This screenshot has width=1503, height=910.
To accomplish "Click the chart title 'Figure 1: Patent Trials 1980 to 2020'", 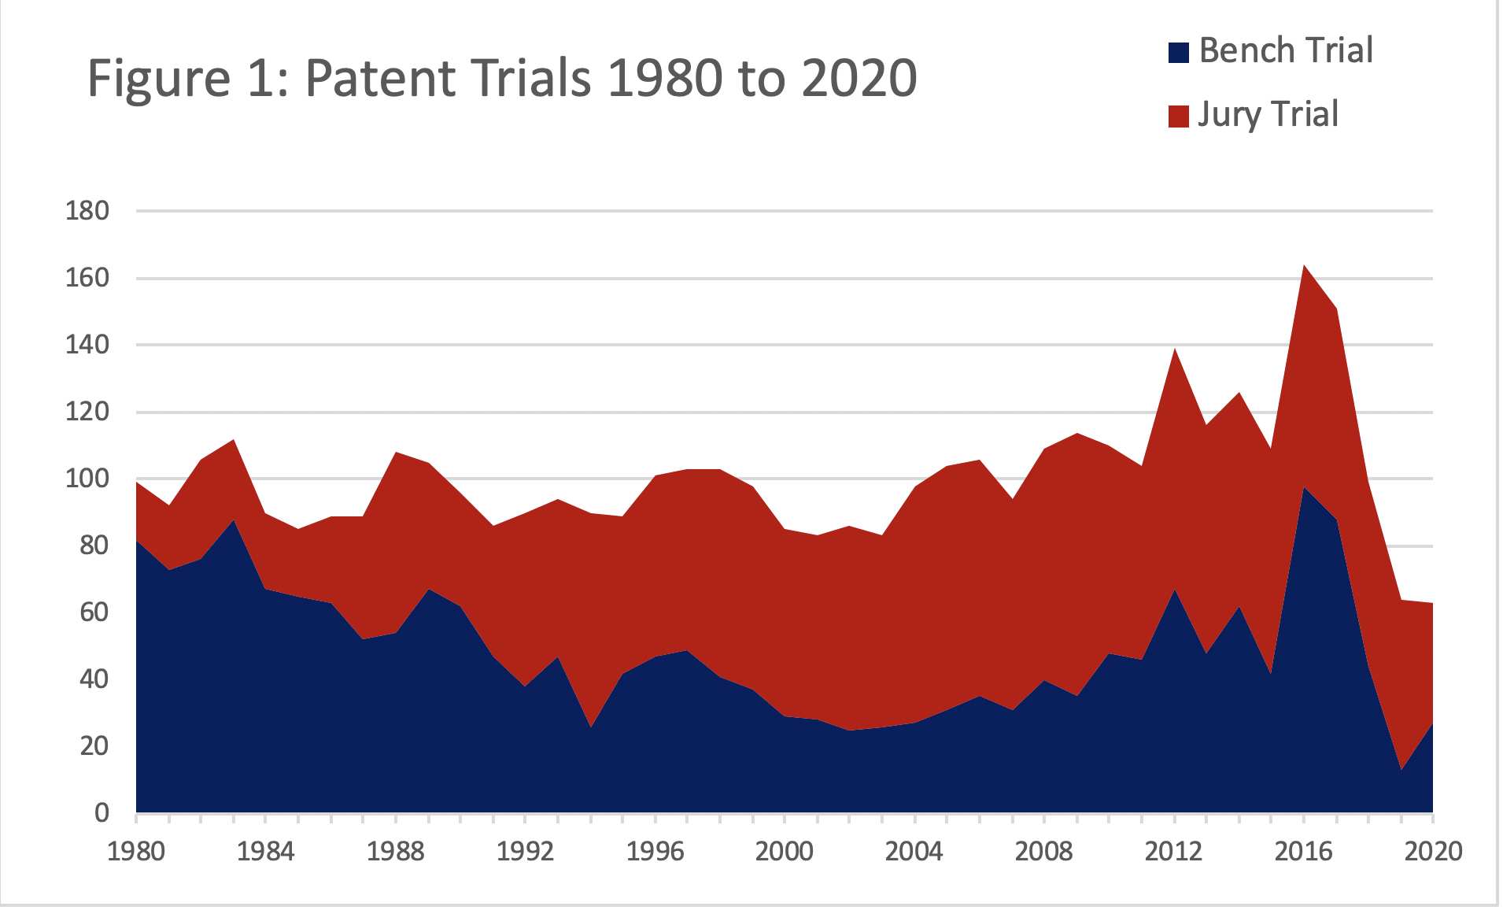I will point(501,78).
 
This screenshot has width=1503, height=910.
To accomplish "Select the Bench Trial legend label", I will point(1286,51).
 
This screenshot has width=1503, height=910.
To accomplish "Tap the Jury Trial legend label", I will point(1268,115).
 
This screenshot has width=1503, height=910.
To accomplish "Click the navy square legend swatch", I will point(1178,53).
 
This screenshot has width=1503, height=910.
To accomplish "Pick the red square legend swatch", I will point(1178,117).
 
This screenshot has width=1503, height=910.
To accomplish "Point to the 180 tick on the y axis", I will point(87,211).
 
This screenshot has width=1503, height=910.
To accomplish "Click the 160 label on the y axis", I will point(87,278).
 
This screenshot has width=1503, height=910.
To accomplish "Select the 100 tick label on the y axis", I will point(87,479).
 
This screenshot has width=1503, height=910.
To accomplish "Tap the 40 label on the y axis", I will point(94,679).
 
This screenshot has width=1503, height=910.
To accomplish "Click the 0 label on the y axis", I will point(102,813).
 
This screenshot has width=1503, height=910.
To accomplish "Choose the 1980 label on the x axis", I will point(136,852).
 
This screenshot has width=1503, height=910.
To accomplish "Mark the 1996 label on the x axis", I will point(655,852).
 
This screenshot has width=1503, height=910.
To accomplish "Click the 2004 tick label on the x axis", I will point(914,852).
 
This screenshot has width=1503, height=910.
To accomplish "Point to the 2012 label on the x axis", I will point(1173,852).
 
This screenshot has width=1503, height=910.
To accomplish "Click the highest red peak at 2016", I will point(1304,268).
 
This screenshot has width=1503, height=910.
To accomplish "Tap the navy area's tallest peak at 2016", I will point(1304,490).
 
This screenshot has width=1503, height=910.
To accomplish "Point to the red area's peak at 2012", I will point(1174,350).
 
